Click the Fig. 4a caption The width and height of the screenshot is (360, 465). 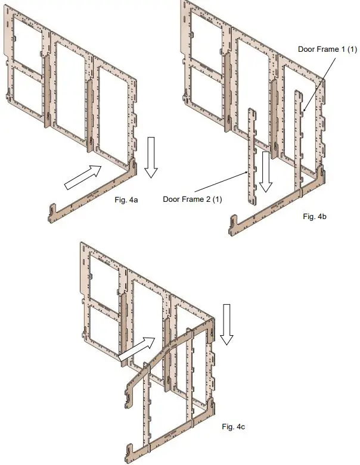point(126,200)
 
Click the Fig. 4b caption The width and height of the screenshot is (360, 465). point(314,216)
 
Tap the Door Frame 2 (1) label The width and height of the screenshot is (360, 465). point(193,199)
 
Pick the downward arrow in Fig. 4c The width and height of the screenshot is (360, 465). point(225,324)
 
